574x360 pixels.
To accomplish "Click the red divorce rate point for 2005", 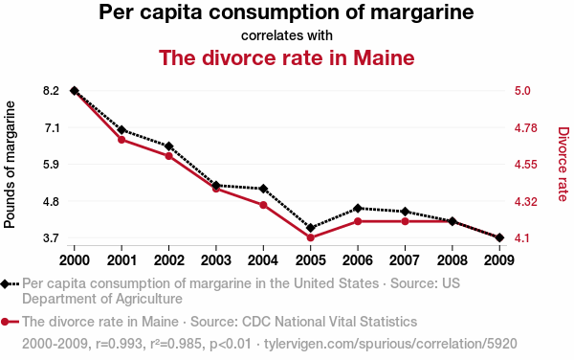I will coord(311,237).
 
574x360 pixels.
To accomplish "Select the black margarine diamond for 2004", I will coord(263,189).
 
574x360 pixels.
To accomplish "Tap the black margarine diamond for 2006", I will coord(358,208).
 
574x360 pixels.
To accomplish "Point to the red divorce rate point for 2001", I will coord(121,140).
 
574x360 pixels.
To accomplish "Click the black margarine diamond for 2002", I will coord(168,146).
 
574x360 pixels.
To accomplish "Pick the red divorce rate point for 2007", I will coord(405,221).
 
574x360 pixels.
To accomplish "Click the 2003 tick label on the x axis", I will coord(216,259).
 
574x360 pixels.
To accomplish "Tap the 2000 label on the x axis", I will coord(75,259).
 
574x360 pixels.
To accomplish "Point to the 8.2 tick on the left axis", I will coord(51,91).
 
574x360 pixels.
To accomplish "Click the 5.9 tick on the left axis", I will coord(51,165).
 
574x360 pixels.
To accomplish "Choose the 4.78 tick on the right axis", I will coord(534,127).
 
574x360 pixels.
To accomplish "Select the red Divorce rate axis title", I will coord(563,165).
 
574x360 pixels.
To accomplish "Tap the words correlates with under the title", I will coord(287,35).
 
